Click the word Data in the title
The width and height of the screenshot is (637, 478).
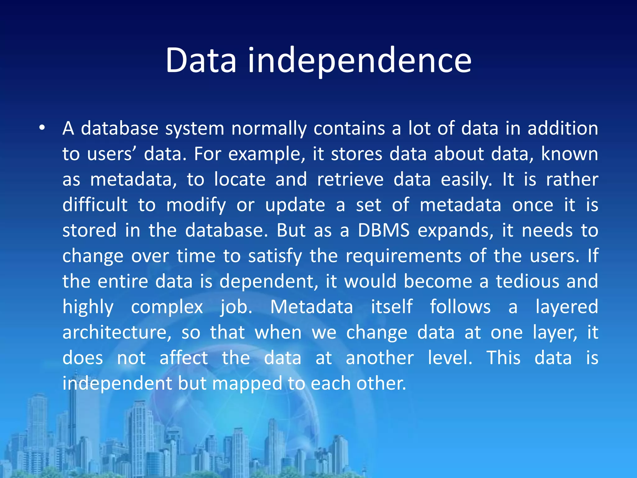(x=201, y=60)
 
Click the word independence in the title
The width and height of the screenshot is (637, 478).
(x=359, y=60)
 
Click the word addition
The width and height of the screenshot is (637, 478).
(x=563, y=128)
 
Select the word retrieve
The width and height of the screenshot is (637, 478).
(x=350, y=180)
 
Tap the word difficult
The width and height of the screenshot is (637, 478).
(x=95, y=205)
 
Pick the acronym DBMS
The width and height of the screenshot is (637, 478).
(x=384, y=230)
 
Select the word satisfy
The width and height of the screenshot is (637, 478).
(x=275, y=256)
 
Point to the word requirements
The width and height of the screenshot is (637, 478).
(x=403, y=256)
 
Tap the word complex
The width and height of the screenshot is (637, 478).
(x=167, y=307)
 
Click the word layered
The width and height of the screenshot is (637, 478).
(x=566, y=307)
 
